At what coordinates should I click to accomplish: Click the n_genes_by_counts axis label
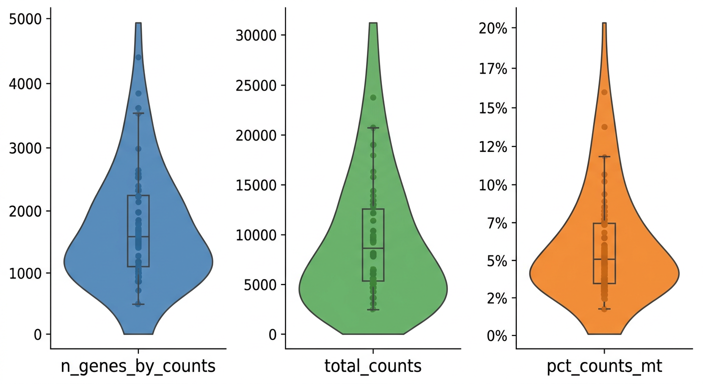[x=138, y=366]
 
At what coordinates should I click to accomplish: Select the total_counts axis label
[x=373, y=366]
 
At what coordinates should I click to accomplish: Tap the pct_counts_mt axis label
[x=604, y=366]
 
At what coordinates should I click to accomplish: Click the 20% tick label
[x=493, y=28]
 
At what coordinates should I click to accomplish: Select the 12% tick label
[x=493, y=147]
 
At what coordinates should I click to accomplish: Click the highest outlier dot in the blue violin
[x=138, y=57]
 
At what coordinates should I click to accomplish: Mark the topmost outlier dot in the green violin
[x=373, y=97]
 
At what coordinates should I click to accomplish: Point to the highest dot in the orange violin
[x=604, y=92]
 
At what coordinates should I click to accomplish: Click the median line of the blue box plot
[x=138, y=236]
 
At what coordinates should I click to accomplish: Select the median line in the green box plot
[x=373, y=248]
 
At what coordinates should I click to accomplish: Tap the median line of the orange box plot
[x=604, y=259]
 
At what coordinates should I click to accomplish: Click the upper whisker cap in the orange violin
[x=604, y=156]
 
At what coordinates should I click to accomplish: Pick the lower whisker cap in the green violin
[x=373, y=309]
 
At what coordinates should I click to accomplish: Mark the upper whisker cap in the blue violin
[x=138, y=113]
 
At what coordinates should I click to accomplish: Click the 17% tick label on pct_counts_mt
[x=493, y=68]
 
